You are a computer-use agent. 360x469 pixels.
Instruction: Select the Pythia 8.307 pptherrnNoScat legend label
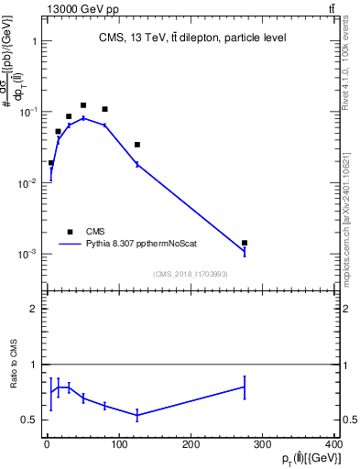pyautogui.click(x=142, y=245)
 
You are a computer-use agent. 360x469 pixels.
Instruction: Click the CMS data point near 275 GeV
pyautogui.click(x=245, y=243)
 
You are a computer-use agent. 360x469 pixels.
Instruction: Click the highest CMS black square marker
pyautogui.click(x=83, y=105)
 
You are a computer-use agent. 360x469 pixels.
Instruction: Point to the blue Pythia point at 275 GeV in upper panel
pyautogui.click(x=245, y=252)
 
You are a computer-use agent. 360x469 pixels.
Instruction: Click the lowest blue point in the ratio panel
pyautogui.click(x=136, y=415)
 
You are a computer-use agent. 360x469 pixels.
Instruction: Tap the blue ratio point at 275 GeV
pyautogui.click(x=245, y=387)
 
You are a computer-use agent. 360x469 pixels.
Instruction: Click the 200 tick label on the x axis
pyautogui.click(x=191, y=444)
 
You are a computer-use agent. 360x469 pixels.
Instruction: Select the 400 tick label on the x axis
pyautogui.click(x=333, y=444)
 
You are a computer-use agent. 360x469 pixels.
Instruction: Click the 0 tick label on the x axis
pyautogui.click(x=47, y=444)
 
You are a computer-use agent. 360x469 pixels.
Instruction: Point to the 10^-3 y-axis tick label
pyautogui.click(x=27, y=254)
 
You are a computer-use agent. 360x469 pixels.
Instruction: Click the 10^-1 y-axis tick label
pyautogui.click(x=27, y=112)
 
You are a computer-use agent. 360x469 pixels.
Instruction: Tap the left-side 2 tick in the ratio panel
pyautogui.click(x=33, y=309)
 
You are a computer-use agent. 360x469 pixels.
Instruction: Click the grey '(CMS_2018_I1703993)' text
pyautogui.click(x=190, y=273)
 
